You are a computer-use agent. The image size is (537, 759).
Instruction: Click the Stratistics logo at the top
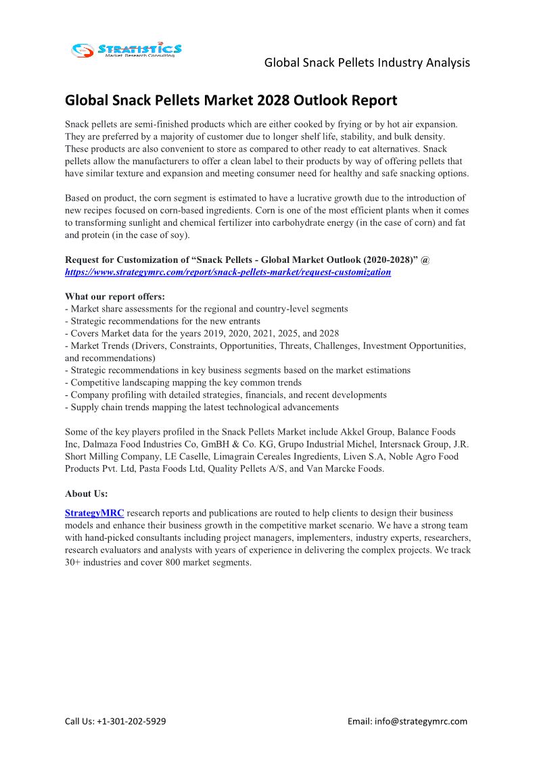tap(126, 49)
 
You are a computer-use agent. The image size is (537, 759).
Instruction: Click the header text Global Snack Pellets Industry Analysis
tap(367, 63)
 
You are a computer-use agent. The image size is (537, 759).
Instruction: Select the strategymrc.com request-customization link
tap(228, 272)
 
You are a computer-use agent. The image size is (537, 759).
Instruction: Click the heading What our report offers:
tap(115, 297)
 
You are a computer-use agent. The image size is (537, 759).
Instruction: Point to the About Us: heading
tap(87, 494)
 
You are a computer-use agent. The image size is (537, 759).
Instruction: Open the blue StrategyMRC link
tap(95, 514)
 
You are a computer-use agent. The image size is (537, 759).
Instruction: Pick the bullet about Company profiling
tap(226, 395)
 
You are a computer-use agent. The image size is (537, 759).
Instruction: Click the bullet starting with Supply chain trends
tap(202, 407)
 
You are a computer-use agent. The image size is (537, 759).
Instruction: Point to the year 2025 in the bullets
tap(276, 333)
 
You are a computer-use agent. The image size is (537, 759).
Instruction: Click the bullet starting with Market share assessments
tap(206, 309)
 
